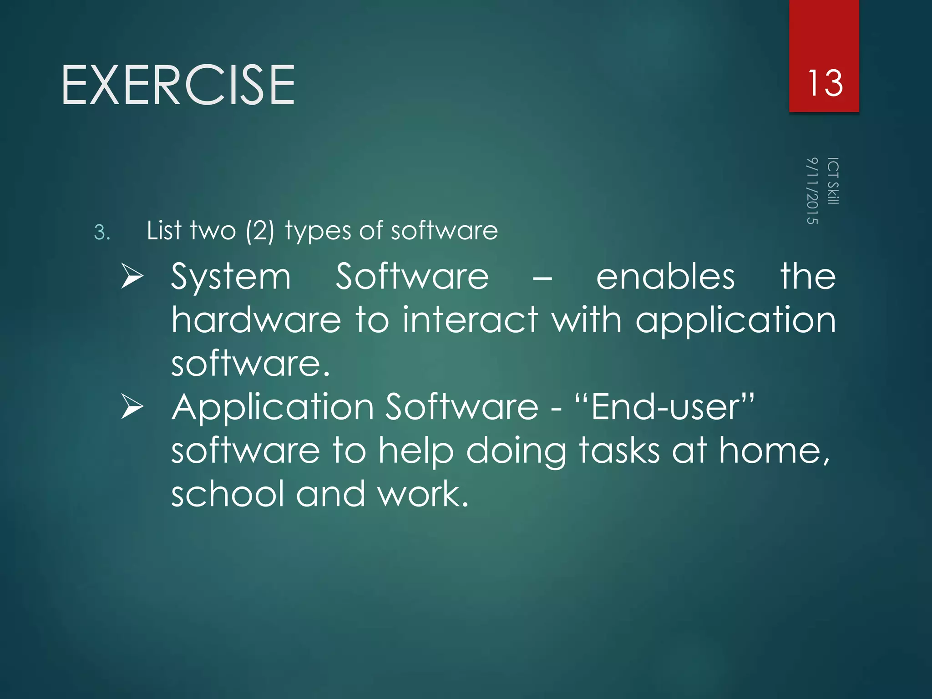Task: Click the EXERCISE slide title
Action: click(x=178, y=85)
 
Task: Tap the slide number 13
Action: click(x=825, y=83)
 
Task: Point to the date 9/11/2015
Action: click(x=812, y=191)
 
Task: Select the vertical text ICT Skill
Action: click(x=833, y=181)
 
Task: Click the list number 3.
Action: click(x=101, y=233)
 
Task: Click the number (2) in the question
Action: click(x=260, y=231)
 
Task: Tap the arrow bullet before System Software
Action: click(x=132, y=277)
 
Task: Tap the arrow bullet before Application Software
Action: click(x=132, y=406)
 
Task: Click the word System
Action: click(x=231, y=277)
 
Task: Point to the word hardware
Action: click(x=256, y=319)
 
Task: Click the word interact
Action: click(x=470, y=319)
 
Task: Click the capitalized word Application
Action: click(x=273, y=408)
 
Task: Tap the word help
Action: click(x=416, y=451)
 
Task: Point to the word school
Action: click(x=228, y=494)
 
